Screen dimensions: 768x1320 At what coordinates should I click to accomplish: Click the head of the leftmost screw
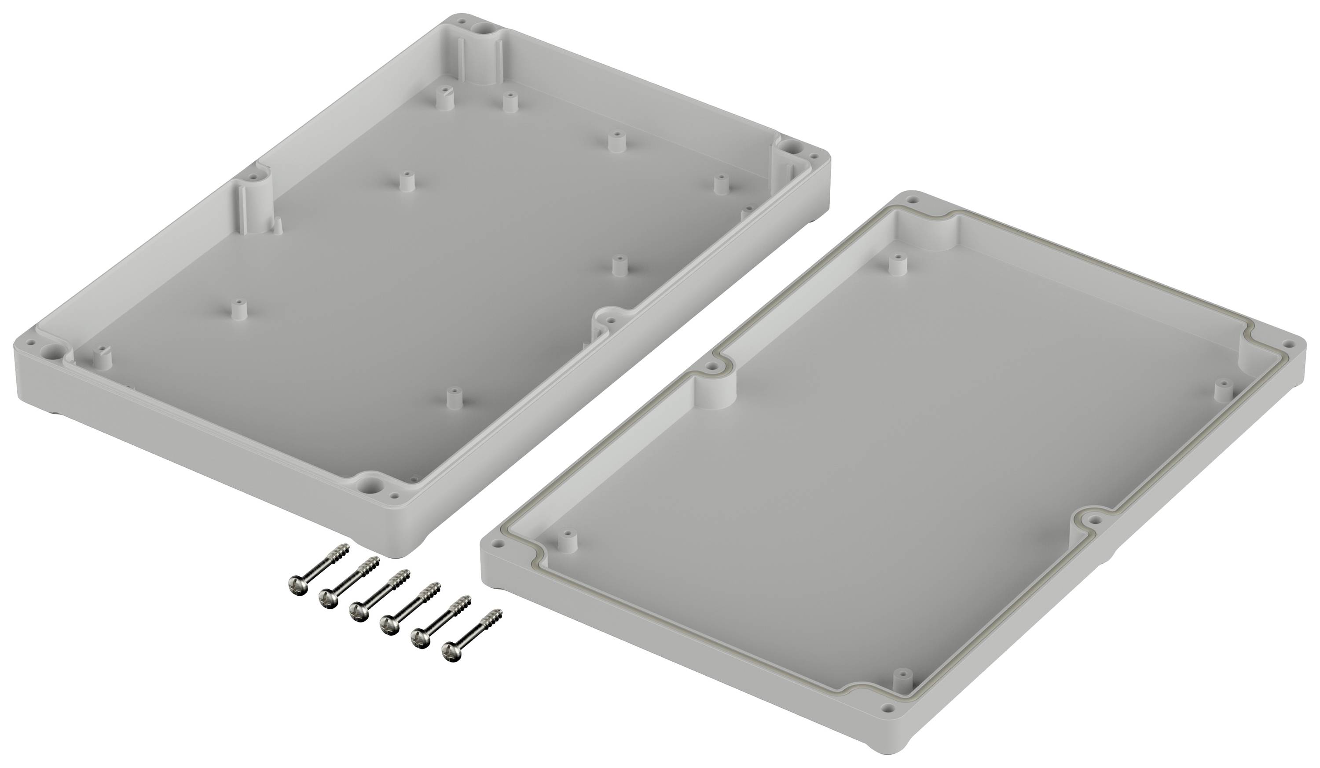point(296,584)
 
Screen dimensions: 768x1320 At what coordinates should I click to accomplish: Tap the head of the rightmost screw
point(450,653)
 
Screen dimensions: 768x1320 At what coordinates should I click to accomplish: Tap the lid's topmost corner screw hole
point(913,200)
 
